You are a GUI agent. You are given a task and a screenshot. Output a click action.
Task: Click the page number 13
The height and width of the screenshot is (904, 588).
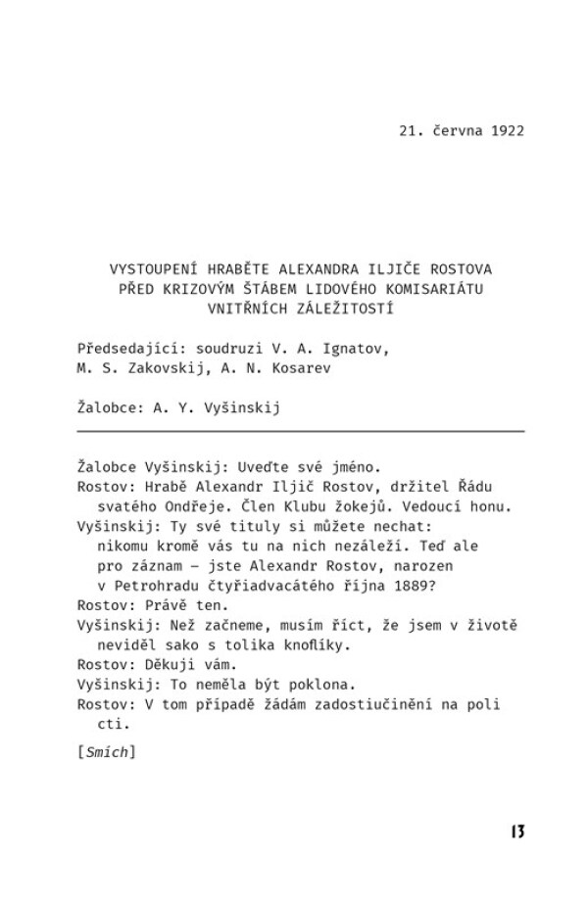pos(517,833)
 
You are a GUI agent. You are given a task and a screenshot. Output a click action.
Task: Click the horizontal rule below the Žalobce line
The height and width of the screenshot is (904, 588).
pos(300,431)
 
